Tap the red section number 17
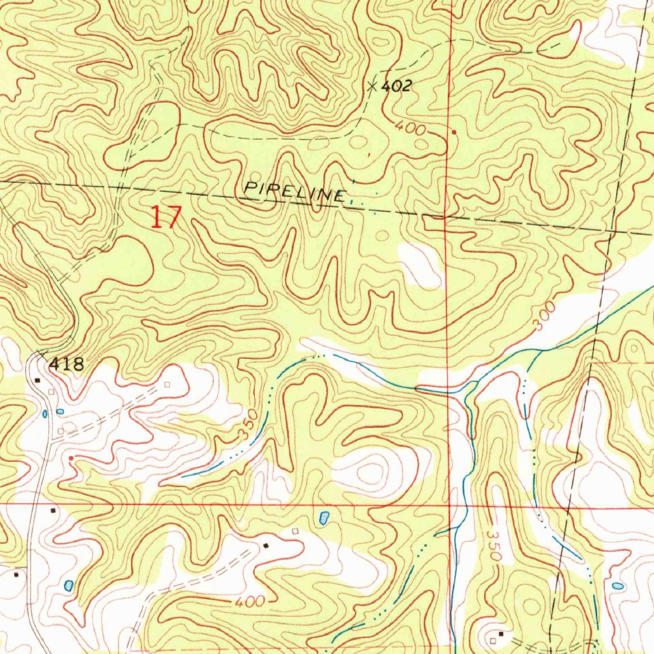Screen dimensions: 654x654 click(166, 218)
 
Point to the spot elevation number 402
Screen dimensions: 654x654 click(397, 87)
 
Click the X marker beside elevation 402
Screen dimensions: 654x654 click(373, 86)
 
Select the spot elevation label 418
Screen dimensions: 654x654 click(66, 365)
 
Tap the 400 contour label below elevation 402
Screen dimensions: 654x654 click(410, 128)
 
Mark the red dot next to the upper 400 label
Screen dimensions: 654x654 click(454, 133)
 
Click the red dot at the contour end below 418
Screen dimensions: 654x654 click(71, 459)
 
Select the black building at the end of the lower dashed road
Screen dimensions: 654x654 click(266, 545)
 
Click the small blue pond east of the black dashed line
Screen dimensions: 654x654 click(617, 585)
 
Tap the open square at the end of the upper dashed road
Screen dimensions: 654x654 click(167, 384)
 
